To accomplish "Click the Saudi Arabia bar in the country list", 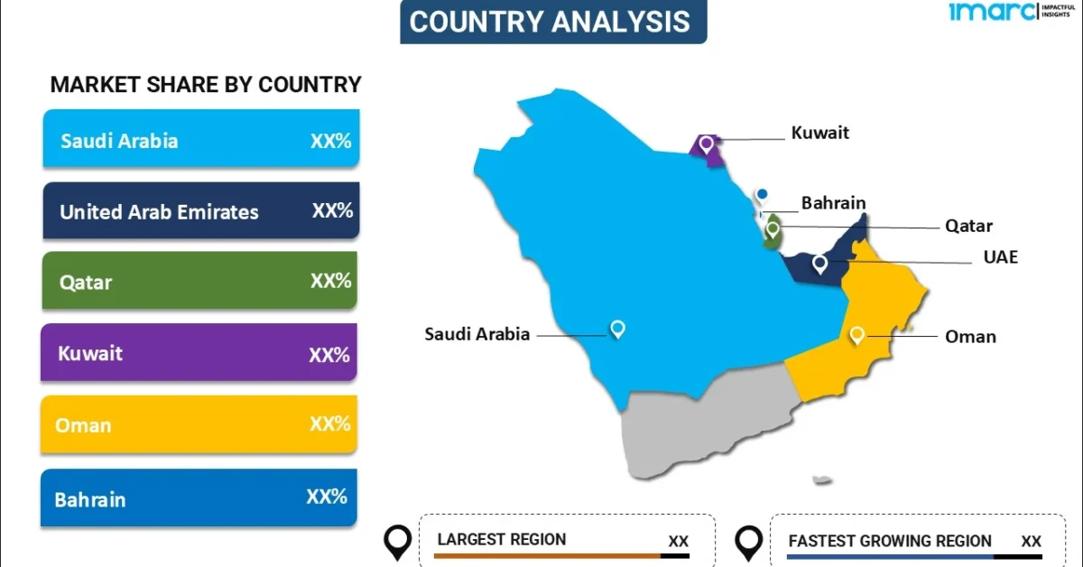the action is tap(200, 139).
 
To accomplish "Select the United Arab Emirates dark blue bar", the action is tap(200, 211).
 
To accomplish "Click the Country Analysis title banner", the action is tap(553, 22).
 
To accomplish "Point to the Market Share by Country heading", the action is tap(206, 85).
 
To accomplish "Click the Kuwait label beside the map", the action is tap(819, 133).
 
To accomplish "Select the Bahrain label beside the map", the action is tap(833, 203).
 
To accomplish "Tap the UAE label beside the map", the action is tap(1000, 257).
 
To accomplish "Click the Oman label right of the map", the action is tap(970, 337).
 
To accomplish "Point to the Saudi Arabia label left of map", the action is tap(477, 334).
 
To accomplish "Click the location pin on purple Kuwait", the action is tap(707, 143).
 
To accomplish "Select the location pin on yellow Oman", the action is tap(856, 335).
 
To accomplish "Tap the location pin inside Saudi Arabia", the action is tap(617, 329).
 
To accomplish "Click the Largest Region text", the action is tap(501, 540).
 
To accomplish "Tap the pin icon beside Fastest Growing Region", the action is tap(748, 542).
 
